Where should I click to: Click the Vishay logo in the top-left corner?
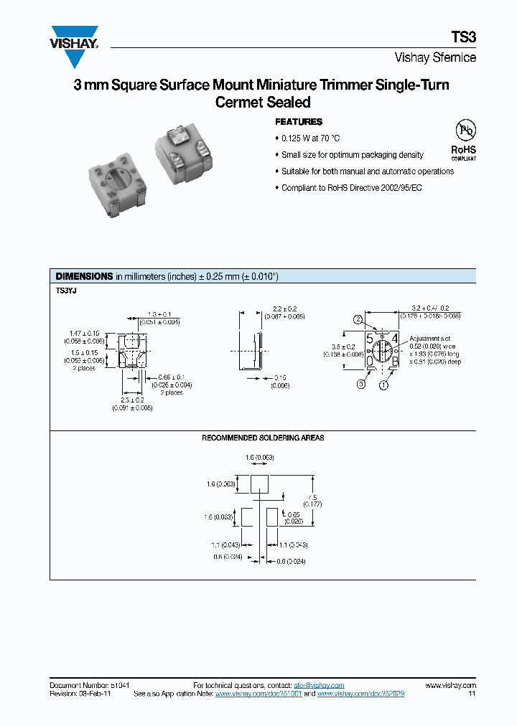pos(74,38)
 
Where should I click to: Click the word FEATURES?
pos(299,122)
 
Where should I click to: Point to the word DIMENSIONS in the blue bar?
pos(84,276)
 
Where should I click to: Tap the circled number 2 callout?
pos(358,319)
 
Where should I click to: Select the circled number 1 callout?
pos(383,385)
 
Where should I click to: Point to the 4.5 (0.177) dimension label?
pos(312,501)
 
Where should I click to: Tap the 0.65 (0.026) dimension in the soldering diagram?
pos(292,518)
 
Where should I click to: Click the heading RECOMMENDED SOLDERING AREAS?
pos(263,438)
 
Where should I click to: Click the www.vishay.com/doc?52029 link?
pos(360,694)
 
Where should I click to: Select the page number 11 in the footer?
pos(472,694)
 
